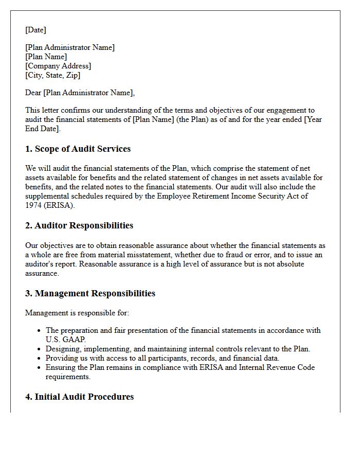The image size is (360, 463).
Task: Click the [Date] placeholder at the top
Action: (x=35, y=30)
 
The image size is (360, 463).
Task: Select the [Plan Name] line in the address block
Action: (x=46, y=57)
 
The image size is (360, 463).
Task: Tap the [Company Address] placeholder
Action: (x=58, y=66)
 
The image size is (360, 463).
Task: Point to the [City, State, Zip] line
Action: (x=53, y=75)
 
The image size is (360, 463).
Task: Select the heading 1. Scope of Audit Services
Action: (x=78, y=149)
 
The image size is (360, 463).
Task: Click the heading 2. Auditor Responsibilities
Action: (x=79, y=225)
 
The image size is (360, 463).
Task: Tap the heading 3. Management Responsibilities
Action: (x=90, y=293)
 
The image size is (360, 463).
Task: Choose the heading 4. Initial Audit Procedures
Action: (x=79, y=397)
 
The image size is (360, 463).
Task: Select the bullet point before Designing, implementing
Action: (x=40, y=349)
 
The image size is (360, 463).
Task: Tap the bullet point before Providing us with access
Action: (x=40, y=359)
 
